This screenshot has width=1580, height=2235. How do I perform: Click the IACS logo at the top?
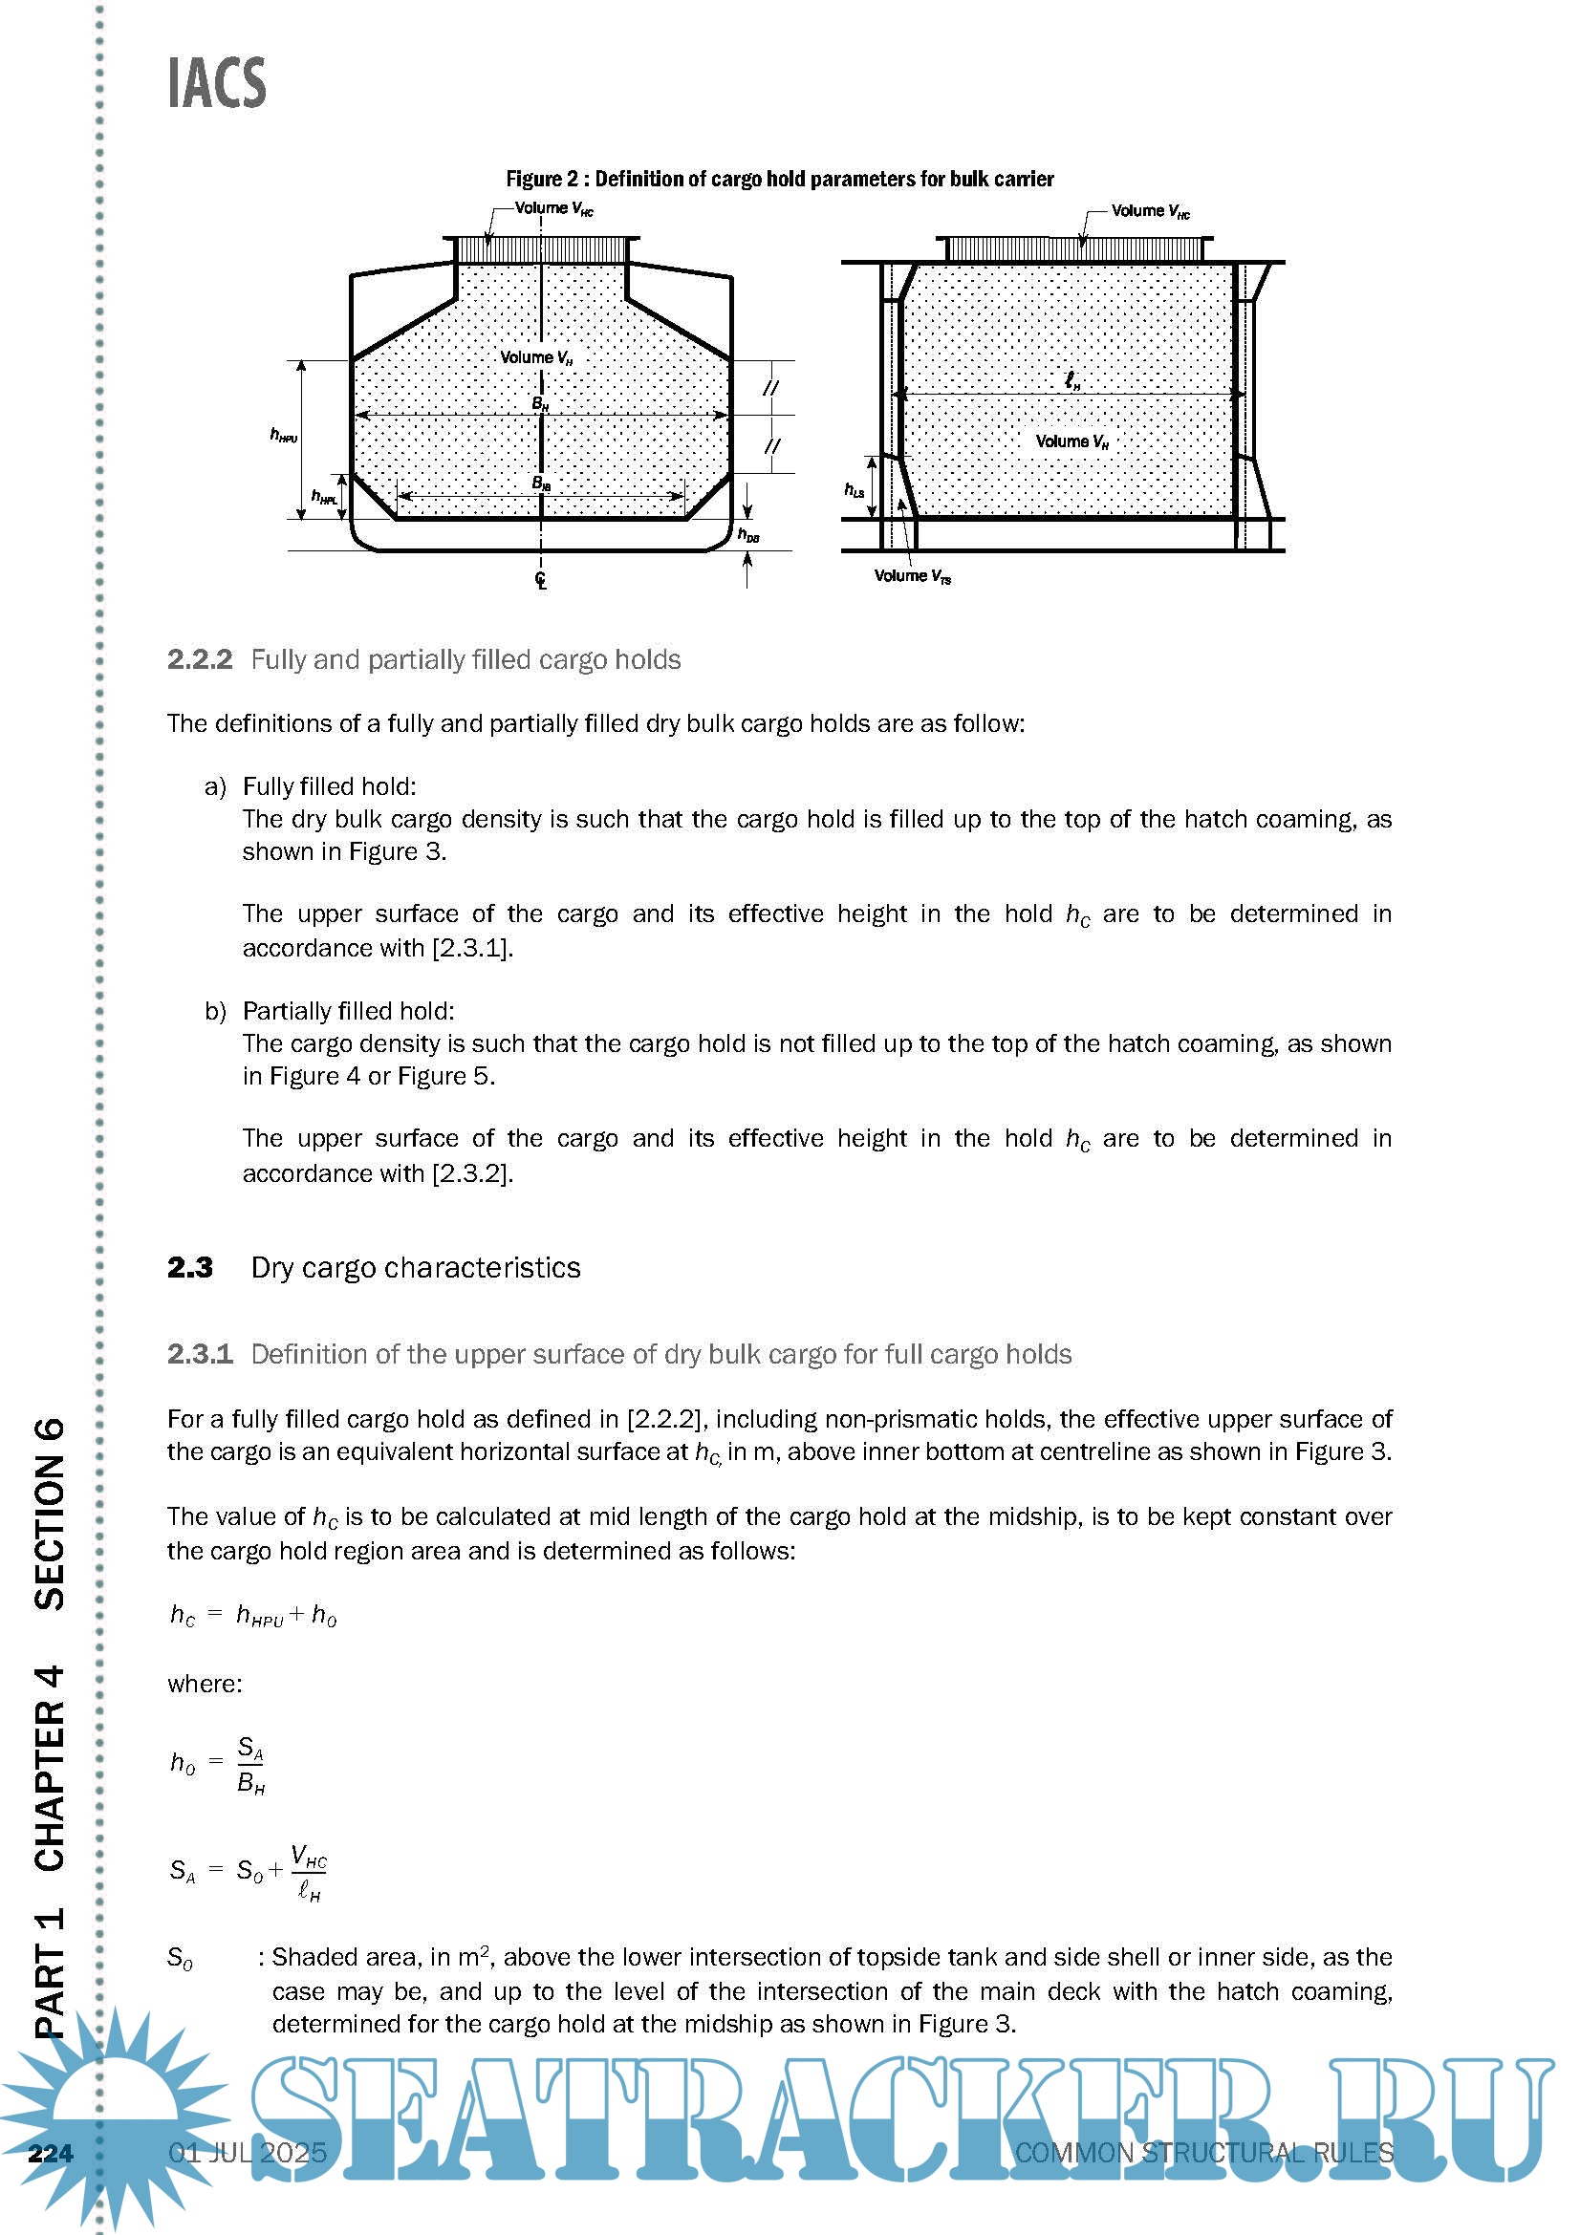pos(216,83)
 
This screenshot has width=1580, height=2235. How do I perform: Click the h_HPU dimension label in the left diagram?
pos(283,435)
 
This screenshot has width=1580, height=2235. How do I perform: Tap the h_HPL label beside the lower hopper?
pos(324,498)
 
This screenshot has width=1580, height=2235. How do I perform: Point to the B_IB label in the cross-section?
pos(541,483)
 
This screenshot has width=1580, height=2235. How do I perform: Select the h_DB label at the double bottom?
pos(747,534)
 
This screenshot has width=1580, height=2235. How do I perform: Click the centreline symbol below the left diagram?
pos(541,580)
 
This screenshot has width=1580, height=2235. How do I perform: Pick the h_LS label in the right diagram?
pos(854,489)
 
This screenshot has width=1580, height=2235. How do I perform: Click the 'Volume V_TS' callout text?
pos(912,576)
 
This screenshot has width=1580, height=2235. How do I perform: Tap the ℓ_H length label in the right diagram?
pos(1071,380)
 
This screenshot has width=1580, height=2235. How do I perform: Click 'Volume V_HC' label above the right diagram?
pos(1150,211)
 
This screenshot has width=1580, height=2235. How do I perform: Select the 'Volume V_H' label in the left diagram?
pos(536,358)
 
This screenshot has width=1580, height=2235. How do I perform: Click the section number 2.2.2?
pos(200,660)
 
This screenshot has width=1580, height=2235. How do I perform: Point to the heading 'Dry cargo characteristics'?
pos(416,1267)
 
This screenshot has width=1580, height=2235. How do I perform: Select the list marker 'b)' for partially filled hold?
pos(215,1010)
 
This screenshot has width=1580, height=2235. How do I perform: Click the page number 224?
pos(51,2152)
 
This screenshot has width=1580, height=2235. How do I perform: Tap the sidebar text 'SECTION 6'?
pos(50,1514)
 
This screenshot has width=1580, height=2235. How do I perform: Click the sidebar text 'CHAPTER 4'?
pos(50,1768)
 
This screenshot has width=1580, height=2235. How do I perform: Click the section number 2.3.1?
pos(200,1354)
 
